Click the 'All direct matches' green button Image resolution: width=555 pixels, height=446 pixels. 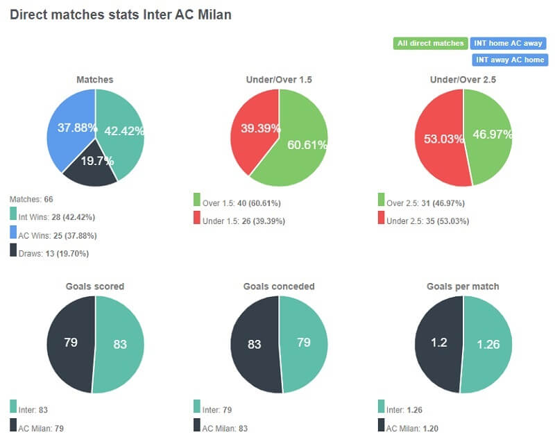coord(430,44)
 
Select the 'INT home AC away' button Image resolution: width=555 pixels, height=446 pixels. coord(508,44)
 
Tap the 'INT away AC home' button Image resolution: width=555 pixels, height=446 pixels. coord(509,60)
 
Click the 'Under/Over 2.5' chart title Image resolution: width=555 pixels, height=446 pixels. coord(463,80)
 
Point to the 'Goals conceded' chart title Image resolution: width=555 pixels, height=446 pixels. coord(279,286)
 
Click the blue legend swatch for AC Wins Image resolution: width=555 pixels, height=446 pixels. coord(14,235)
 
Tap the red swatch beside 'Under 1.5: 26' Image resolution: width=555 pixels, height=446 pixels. coord(198,221)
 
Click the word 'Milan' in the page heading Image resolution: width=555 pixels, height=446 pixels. coord(212,15)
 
